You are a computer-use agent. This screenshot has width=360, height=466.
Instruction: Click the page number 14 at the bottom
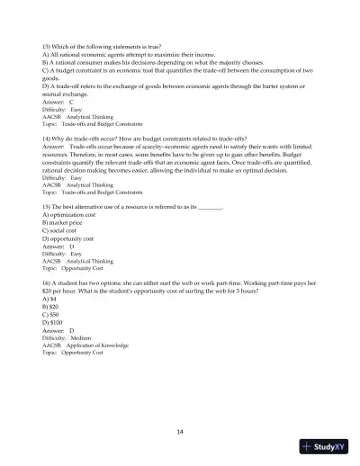[180, 432]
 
